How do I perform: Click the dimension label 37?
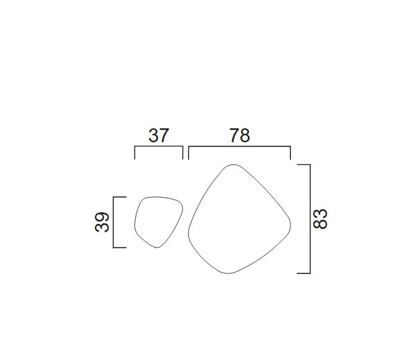point(159,136)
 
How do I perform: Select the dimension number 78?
point(240,136)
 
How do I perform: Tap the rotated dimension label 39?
point(102,222)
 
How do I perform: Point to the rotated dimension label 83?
point(320,218)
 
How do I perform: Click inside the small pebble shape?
point(158,220)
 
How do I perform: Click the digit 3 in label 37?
point(154,136)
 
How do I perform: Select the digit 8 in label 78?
point(245,136)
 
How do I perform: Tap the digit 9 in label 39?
point(102,217)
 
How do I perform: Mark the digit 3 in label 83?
point(320,224)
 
